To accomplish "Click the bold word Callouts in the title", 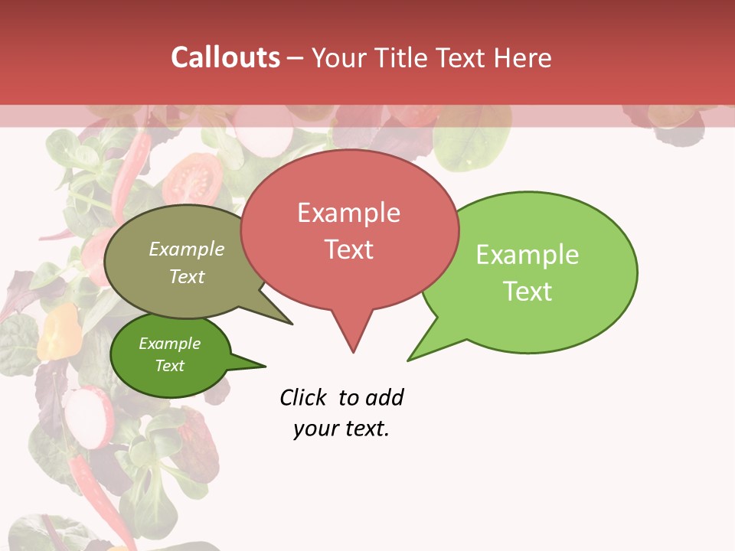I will pos(225,57).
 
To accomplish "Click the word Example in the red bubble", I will pos(348,213).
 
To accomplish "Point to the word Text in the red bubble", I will pos(348,249).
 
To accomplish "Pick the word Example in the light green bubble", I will pos(528,255).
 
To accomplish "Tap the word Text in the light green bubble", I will pos(528,292).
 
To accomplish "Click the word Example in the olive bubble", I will pos(187,249).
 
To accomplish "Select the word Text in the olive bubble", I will pos(187,276).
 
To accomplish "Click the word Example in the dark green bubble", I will pos(169,344).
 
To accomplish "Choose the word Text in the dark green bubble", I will pos(169,366).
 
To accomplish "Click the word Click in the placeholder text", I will pos(302,397).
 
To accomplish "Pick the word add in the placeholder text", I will pos(384,397).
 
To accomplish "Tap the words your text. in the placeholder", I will pos(341,429).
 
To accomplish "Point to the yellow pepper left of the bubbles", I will pos(60,331).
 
